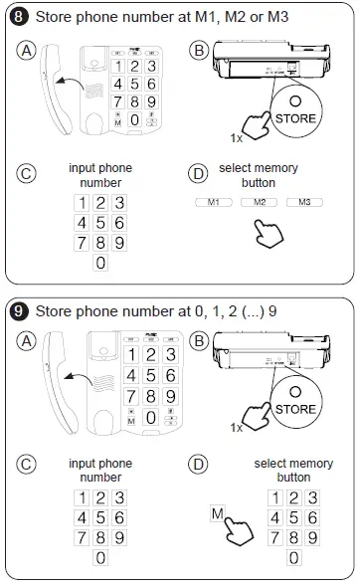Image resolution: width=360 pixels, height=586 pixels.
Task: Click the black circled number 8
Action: coord(19,17)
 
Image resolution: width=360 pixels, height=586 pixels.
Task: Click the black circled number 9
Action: coord(19,309)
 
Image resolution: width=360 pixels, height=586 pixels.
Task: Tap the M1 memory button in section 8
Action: coord(211,203)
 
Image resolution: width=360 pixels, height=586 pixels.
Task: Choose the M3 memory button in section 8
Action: coord(304,203)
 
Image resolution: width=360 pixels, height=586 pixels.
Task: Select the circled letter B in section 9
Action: coord(199,343)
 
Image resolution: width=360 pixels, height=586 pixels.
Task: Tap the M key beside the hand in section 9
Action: coord(216,514)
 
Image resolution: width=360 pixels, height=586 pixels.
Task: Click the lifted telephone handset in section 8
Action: coord(53,88)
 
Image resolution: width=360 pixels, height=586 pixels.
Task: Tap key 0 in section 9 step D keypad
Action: coord(294,558)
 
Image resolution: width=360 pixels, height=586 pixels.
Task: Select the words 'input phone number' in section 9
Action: coord(99,471)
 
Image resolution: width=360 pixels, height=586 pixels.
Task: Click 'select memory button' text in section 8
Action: coord(258,175)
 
